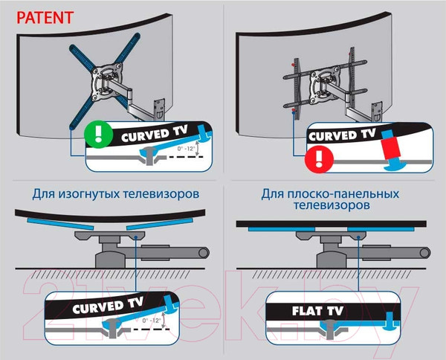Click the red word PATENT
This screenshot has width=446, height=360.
click(x=45, y=16)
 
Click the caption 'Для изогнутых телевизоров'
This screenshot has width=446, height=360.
click(x=114, y=194)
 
